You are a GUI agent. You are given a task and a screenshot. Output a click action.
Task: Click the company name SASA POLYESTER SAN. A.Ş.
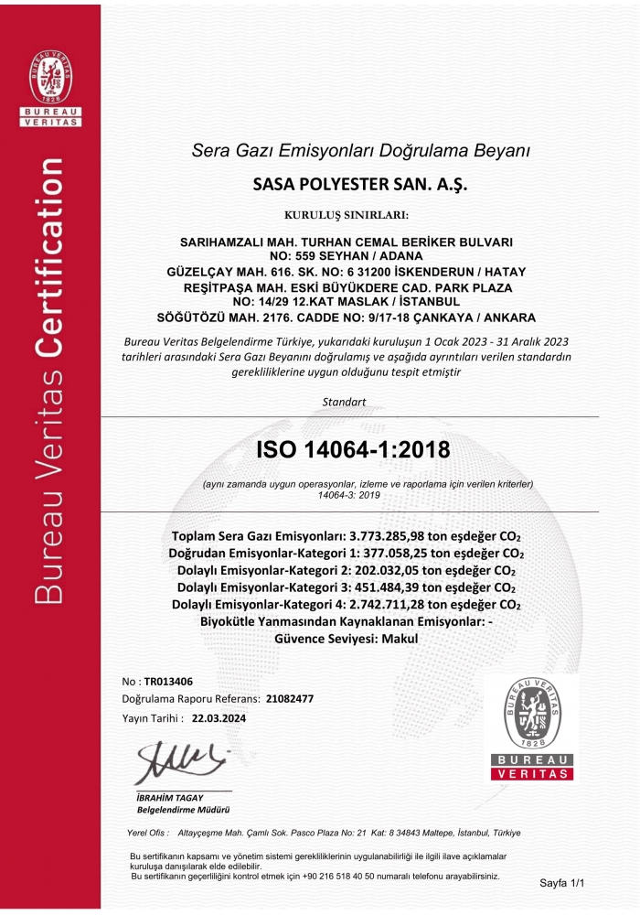tap(359, 183)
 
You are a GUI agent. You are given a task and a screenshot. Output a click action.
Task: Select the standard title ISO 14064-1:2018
tap(353, 449)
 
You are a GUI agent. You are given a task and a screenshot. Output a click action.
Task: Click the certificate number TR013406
tap(169, 682)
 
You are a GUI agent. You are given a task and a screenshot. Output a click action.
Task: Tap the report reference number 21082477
tap(290, 699)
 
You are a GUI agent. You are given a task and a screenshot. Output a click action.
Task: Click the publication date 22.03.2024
tap(219, 718)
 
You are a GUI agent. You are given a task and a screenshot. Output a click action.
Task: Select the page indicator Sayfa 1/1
tap(560, 885)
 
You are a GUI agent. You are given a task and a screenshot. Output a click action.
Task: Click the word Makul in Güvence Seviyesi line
tap(400, 639)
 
